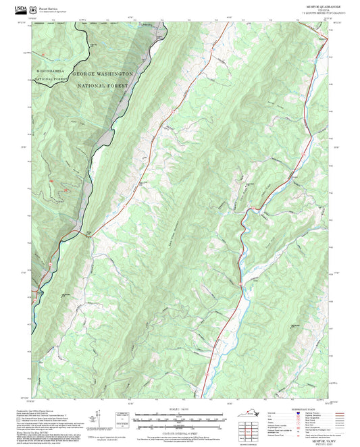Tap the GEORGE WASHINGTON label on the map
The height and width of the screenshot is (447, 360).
[101, 73]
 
